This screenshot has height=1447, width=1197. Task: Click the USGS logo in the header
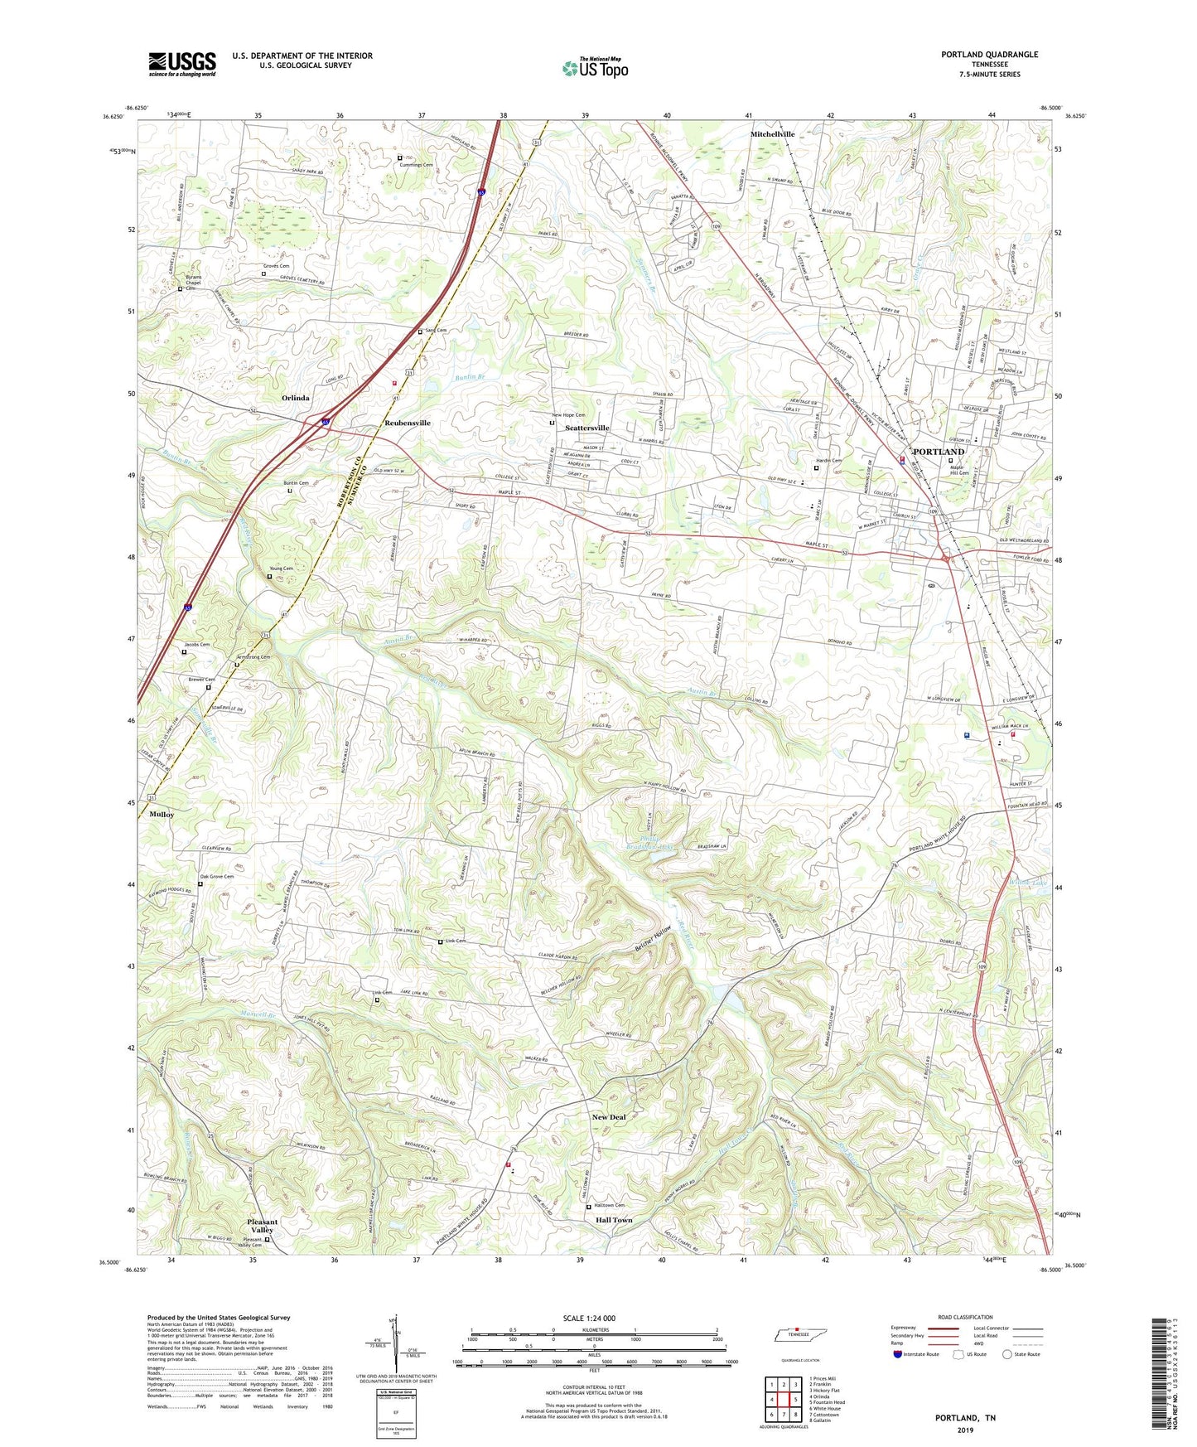[181, 64]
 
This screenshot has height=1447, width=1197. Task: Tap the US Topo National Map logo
[595, 68]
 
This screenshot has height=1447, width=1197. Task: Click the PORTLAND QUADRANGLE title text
[989, 55]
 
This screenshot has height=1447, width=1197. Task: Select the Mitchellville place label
[772, 134]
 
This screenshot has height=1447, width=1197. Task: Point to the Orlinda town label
[295, 399]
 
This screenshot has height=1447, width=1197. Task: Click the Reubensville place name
[408, 423]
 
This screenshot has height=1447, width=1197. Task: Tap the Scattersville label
[586, 428]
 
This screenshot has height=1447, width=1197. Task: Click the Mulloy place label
[162, 815]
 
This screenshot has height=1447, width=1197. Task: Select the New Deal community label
[609, 1117]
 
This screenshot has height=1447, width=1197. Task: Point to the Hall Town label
[614, 1220]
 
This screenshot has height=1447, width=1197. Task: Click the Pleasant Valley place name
[263, 1226]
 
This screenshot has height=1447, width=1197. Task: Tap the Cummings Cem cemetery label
[417, 165]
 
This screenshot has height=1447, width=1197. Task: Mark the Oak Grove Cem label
[217, 876]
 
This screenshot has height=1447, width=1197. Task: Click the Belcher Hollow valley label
[653, 937]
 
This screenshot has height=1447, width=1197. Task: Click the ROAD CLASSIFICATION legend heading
[965, 1317]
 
